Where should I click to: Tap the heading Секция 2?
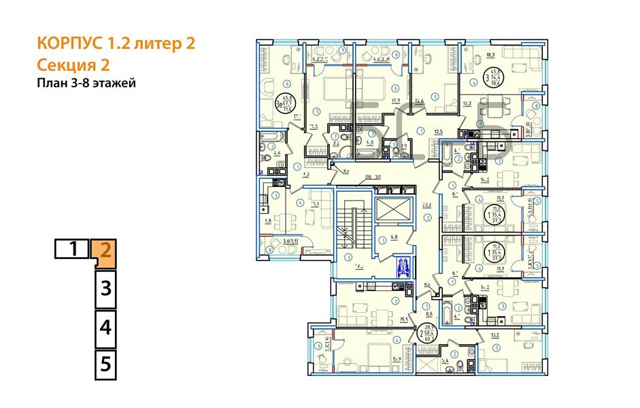click(73, 65)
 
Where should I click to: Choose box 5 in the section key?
click(105, 364)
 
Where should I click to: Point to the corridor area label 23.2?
click(427, 204)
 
